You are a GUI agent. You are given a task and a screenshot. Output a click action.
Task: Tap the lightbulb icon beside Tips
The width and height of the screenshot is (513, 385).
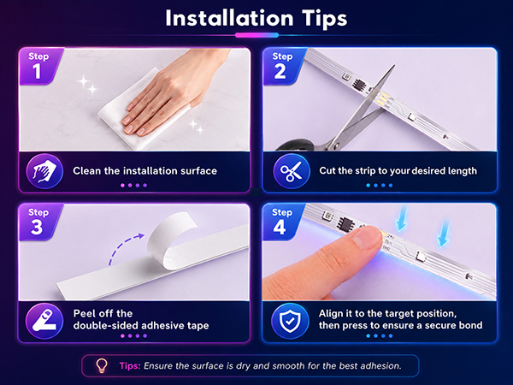point(102,365)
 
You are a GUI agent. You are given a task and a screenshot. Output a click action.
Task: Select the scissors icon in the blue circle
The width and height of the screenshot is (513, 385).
point(291,171)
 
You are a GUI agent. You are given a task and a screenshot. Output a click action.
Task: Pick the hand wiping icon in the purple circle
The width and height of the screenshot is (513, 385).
point(44,171)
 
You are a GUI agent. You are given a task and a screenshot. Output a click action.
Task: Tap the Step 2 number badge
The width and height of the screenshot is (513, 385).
point(283,66)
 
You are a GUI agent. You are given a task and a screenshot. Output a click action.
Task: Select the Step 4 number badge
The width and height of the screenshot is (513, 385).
point(282,222)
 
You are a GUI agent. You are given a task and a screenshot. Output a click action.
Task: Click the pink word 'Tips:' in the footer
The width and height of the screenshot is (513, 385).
point(130,365)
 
